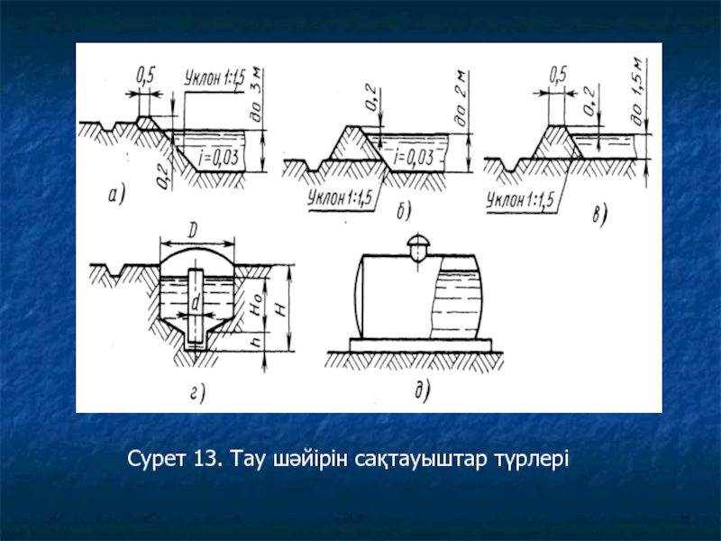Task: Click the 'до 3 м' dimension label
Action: click(x=257, y=96)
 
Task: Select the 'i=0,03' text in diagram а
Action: click(x=218, y=158)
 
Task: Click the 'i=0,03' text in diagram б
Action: click(x=414, y=158)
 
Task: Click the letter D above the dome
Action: click(x=194, y=231)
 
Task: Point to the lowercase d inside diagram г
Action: click(x=196, y=303)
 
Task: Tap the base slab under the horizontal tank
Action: click(x=421, y=345)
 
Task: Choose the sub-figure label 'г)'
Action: click(x=197, y=393)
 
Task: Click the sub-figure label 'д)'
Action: click(x=422, y=390)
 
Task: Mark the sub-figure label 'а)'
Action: click(x=117, y=195)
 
